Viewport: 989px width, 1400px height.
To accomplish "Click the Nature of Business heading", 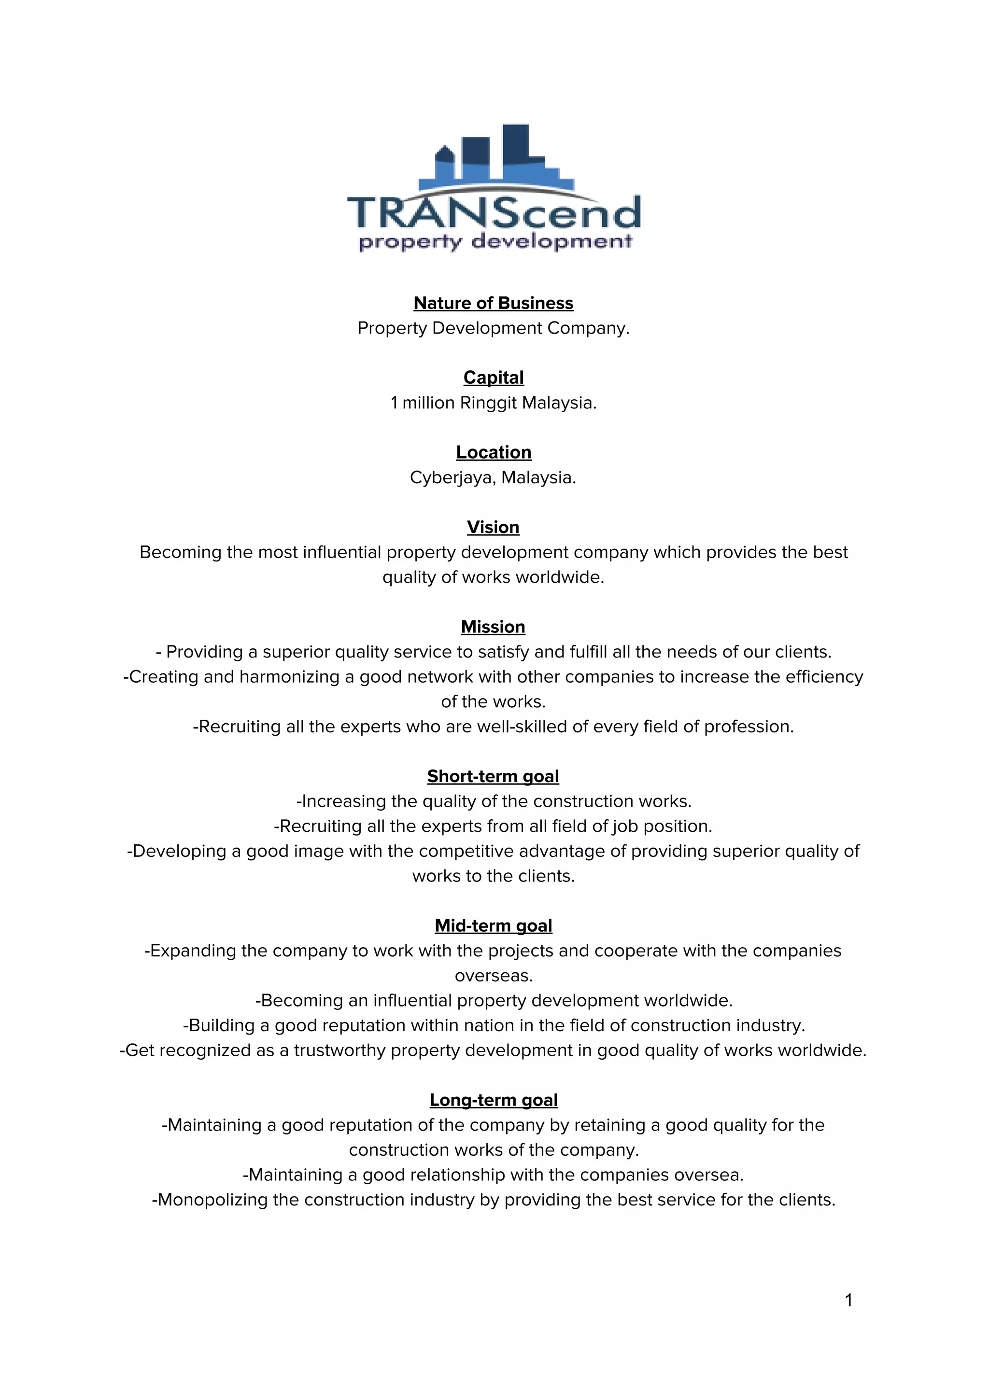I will pyautogui.click(x=493, y=303).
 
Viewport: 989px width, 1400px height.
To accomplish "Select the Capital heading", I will pyautogui.click(x=493, y=378).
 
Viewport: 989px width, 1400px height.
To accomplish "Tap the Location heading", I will pyautogui.click(x=493, y=452).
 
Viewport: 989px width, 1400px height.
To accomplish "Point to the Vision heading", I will pyautogui.click(x=493, y=527).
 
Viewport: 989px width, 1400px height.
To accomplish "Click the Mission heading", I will pyautogui.click(x=493, y=626).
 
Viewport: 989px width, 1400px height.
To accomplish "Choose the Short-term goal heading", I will pyautogui.click(x=493, y=776).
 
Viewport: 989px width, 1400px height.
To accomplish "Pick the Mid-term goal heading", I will pyautogui.click(x=493, y=925).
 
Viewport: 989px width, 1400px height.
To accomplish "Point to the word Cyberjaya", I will pyautogui.click(x=452, y=477).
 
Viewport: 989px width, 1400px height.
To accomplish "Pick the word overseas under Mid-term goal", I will pyautogui.click(x=493, y=976).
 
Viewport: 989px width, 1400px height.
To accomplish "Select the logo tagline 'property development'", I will pyautogui.click(x=495, y=241).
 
